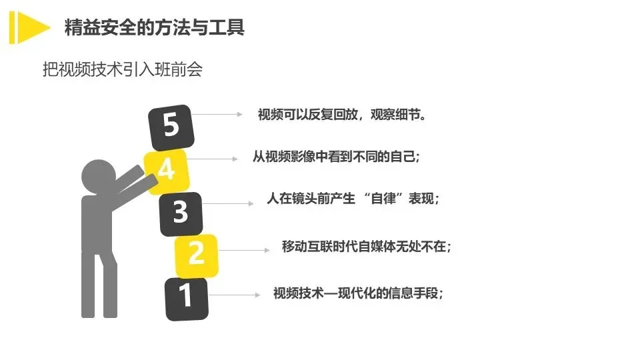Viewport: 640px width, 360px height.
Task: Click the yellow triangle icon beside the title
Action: (x=30, y=27)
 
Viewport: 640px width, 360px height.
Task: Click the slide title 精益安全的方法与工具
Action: (x=154, y=27)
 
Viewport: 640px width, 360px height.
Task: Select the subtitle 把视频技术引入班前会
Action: (x=122, y=69)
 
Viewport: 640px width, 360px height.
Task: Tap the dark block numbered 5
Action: (x=172, y=126)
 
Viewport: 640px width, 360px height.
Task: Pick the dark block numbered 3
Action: (x=181, y=211)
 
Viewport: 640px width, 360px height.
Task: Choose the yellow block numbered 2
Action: (x=196, y=255)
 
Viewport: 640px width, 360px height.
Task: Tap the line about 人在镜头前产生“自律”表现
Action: (x=353, y=199)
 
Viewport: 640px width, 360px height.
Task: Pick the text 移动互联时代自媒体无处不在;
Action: (x=367, y=247)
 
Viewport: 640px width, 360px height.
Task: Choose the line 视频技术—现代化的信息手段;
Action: (x=359, y=293)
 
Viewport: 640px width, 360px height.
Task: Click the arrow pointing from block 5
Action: (x=217, y=114)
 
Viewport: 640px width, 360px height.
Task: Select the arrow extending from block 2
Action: (x=243, y=250)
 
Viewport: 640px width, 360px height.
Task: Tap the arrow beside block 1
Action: (x=234, y=294)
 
